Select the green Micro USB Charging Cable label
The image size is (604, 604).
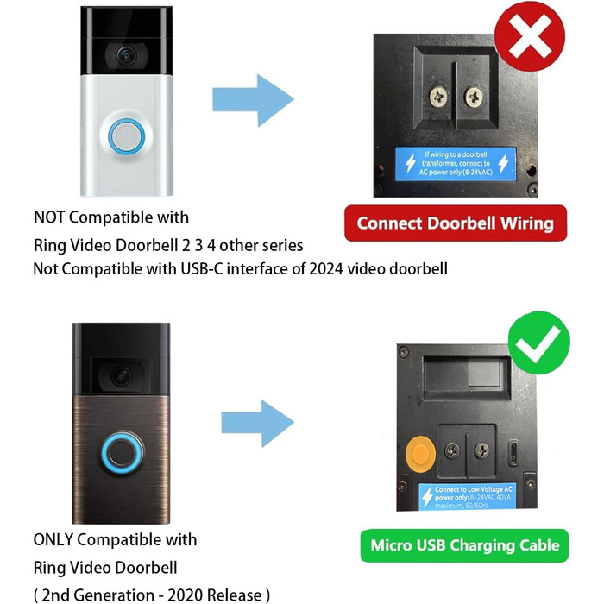[x=464, y=545]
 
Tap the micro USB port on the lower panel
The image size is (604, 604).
[x=515, y=451]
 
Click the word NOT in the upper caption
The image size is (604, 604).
[x=51, y=217]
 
